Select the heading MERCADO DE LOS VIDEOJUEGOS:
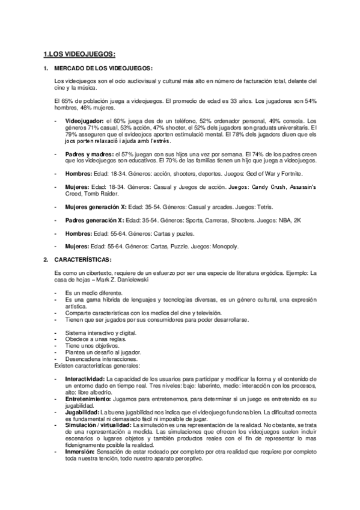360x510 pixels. coord(103,69)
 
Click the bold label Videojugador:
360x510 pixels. coord(83,121)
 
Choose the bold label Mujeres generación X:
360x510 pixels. coord(96,206)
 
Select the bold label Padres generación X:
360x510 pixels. coord(94,220)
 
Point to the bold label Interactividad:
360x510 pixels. coord(85,378)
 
